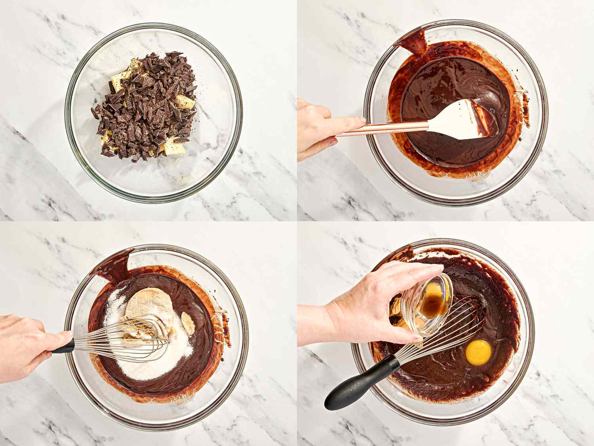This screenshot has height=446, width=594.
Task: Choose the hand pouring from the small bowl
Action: point(368,305)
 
